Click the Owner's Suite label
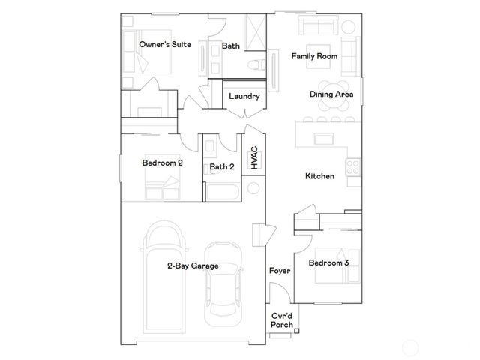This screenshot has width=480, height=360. [165, 45]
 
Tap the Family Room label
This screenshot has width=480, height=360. [314, 56]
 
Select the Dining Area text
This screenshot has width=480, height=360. [332, 94]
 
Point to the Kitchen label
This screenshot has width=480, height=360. [319, 177]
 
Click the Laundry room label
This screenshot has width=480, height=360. [244, 96]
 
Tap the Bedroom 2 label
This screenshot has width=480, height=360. [163, 162]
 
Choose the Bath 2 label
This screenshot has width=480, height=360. [222, 166]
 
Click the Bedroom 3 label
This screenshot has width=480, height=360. [329, 262]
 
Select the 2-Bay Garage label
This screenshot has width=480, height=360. [193, 265]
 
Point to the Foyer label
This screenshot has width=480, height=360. [279, 270]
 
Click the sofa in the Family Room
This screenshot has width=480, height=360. [321, 27]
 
